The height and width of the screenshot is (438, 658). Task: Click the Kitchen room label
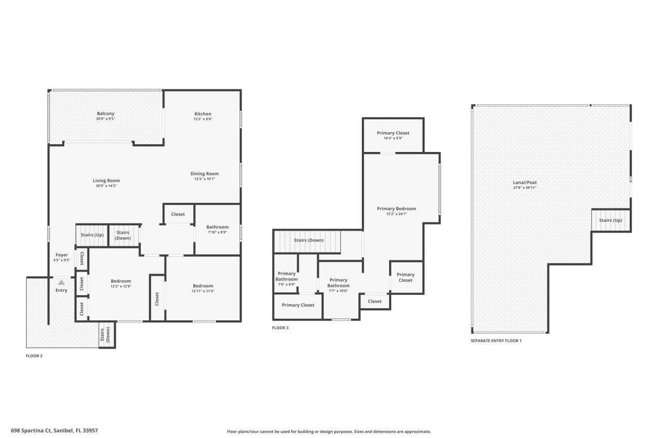(x=203, y=114)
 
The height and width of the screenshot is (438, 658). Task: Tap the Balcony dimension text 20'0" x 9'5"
(x=105, y=119)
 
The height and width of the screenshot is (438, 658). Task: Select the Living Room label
(x=106, y=181)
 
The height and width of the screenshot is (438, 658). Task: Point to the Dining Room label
(x=205, y=174)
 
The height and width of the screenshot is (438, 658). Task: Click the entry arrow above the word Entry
(x=61, y=282)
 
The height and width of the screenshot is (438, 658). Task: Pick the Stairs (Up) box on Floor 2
(x=92, y=235)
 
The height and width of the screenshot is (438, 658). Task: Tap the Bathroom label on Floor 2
(x=217, y=227)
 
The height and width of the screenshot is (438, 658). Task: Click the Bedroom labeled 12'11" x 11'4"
(x=203, y=286)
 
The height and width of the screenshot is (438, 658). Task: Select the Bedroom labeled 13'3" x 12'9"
(x=121, y=281)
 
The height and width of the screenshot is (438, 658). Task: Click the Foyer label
(x=62, y=255)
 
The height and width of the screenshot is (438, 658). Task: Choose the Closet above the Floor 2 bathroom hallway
(x=178, y=214)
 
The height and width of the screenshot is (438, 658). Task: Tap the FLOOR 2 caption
(x=34, y=355)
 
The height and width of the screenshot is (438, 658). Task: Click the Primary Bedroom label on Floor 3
(x=396, y=208)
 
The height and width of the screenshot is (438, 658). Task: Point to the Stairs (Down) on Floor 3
(x=308, y=240)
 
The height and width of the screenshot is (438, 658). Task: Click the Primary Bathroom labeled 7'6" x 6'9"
(x=286, y=276)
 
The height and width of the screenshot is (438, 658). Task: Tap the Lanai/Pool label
(x=524, y=182)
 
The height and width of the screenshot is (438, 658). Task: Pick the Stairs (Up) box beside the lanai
(x=610, y=220)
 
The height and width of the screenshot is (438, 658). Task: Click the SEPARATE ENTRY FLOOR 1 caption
(x=496, y=340)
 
